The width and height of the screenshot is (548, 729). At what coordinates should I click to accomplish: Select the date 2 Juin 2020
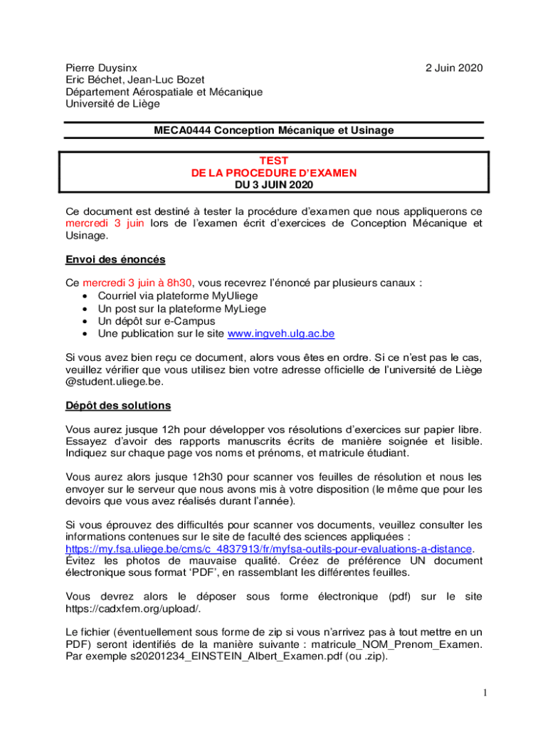[x=454, y=68]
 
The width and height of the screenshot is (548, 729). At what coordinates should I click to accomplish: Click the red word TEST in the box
[x=274, y=162]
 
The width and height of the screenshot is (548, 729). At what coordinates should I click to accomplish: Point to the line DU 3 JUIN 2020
[x=274, y=184]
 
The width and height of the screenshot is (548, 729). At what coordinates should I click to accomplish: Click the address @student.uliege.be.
[x=114, y=381]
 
